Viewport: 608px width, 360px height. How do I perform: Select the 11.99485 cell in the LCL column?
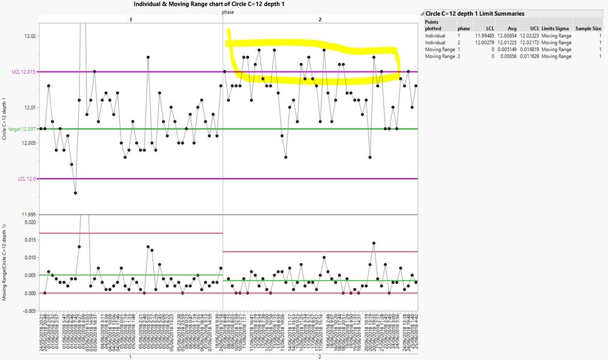[486, 36]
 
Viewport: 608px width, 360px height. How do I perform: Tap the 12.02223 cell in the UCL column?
[529, 36]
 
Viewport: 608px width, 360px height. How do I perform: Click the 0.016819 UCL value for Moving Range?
[529, 50]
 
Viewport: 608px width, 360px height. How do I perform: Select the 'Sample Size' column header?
[588, 29]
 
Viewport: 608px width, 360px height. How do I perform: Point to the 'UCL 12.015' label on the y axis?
[24, 72]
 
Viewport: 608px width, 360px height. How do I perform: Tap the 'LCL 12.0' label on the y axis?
[26, 179]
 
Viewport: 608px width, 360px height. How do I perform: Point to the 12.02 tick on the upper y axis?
[29, 36]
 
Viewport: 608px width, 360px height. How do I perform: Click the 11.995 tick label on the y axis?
[27, 215]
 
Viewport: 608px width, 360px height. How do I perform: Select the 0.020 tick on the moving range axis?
[28, 223]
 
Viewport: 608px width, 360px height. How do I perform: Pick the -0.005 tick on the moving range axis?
[27, 311]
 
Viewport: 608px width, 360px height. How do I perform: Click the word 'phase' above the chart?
[228, 12]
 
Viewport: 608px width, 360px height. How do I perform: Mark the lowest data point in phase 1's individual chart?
[75, 193]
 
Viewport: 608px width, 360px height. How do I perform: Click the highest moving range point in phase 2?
[374, 243]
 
